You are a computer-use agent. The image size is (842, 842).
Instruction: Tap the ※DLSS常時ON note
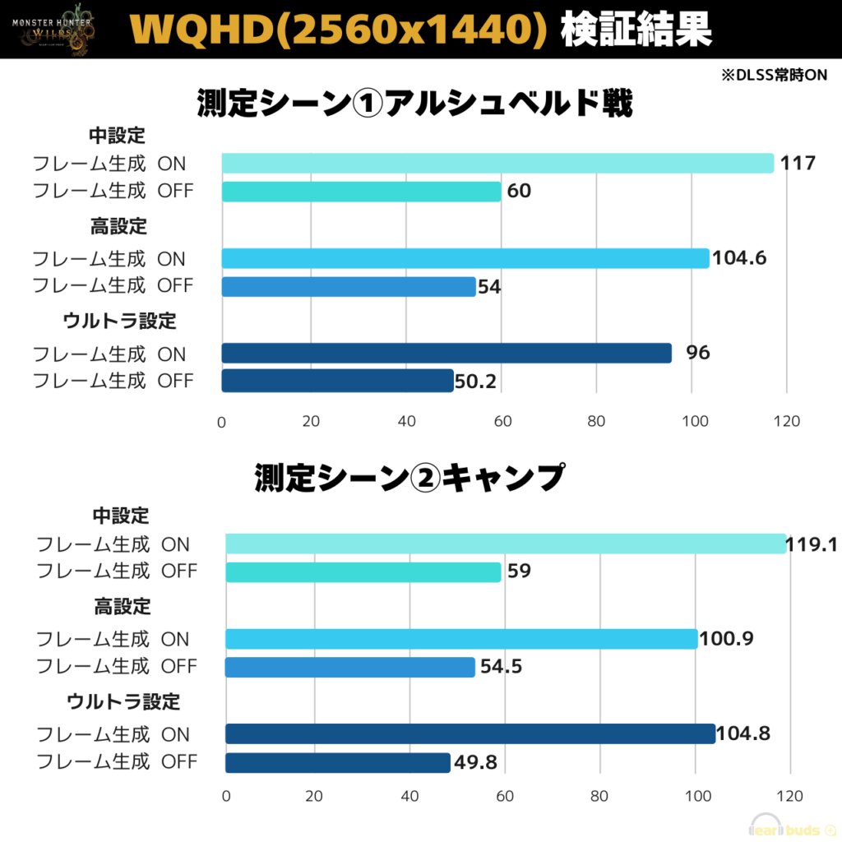(774, 74)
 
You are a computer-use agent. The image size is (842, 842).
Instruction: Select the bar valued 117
(497, 163)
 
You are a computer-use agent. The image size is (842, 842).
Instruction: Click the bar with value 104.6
(465, 258)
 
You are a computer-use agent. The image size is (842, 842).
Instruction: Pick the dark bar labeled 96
(446, 354)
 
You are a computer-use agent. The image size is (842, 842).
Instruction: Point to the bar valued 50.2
(337, 381)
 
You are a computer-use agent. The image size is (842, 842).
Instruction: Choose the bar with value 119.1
(506, 544)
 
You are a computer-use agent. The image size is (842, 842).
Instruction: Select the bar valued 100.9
(461, 639)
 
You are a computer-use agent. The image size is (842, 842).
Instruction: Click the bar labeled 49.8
(338, 762)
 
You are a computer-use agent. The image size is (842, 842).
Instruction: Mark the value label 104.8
(743, 734)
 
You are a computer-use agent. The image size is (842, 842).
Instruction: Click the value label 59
(519, 571)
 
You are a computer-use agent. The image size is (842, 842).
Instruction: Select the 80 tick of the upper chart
(597, 421)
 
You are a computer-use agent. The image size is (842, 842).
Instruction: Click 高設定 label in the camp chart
(123, 607)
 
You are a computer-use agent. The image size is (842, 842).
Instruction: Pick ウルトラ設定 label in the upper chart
(120, 321)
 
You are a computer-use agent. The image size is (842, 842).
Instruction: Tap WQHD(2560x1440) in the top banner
(339, 30)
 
